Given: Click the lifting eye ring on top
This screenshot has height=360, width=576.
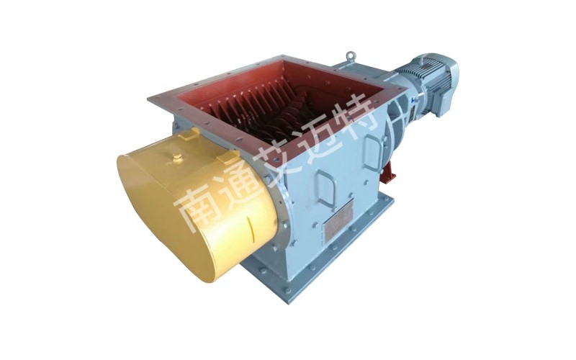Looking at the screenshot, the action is click(x=350, y=57).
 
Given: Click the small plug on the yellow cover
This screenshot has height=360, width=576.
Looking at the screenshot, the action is click(x=178, y=158).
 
